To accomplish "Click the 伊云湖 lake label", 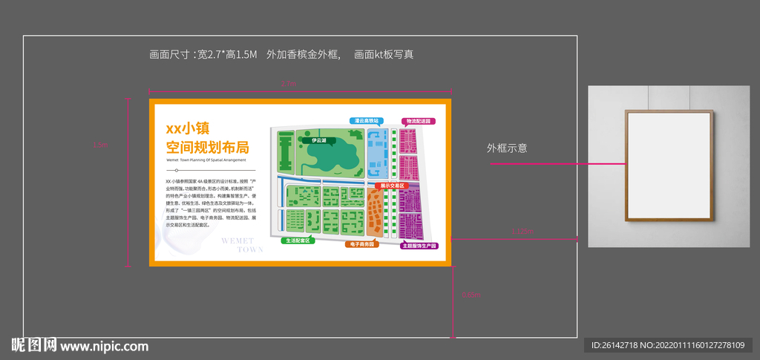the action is pyautogui.click(x=319, y=140).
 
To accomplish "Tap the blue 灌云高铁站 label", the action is pyautogui.click(x=367, y=120).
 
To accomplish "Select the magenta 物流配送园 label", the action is pyautogui.click(x=418, y=121).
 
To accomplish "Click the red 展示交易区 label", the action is pyautogui.click(x=390, y=186).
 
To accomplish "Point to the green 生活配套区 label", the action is pyautogui.click(x=299, y=240).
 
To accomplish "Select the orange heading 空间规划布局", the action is pyautogui.click(x=207, y=146).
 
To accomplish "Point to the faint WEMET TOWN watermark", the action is pyautogui.click(x=240, y=245).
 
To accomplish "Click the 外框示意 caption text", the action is pyautogui.click(x=507, y=148).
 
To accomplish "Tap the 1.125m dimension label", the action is pyautogui.click(x=522, y=232).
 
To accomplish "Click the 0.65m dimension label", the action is pyautogui.click(x=471, y=295).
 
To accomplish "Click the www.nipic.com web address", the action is pyautogui.click(x=104, y=346).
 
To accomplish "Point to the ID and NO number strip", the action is pyautogui.click(x=667, y=345).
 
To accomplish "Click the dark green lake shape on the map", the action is pyautogui.click(x=332, y=154).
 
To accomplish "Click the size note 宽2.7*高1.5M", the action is pyautogui.click(x=226, y=54).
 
